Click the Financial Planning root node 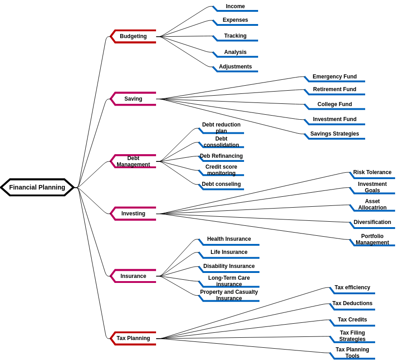coord(37,187)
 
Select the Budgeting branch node coord(133,36)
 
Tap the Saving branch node coord(133,99)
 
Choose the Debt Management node coord(133,161)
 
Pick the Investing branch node coord(133,214)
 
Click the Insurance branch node coord(133,276)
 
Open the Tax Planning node coord(133,338)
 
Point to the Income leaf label coord(235,6)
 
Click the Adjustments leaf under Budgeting coord(235,67)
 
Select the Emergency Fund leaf coord(335,77)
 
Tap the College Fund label coord(335,104)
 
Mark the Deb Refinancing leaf coord(221,156)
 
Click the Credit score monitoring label coord(221,170)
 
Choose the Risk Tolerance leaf coord(372,172)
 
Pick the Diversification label coord(372,222)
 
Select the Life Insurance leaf coord(229,252)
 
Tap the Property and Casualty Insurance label coord(229,295)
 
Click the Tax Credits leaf coord(352,320)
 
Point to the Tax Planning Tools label coord(352,353)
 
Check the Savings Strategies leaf coord(335,134)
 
